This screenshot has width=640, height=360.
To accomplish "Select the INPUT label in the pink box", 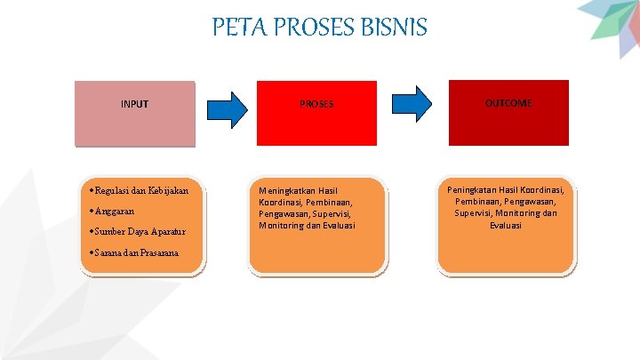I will pyautogui.click(x=134, y=104).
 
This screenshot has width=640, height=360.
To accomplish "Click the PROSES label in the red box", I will pyautogui.click(x=316, y=104).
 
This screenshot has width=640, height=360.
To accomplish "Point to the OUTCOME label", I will pyautogui.click(x=508, y=103).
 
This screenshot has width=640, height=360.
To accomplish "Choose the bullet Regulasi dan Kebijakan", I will pyautogui.click(x=140, y=190).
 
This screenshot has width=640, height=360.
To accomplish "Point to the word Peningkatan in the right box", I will pyautogui.click(x=472, y=189).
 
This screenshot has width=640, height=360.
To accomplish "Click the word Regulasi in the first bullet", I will pyautogui.click(x=111, y=190).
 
